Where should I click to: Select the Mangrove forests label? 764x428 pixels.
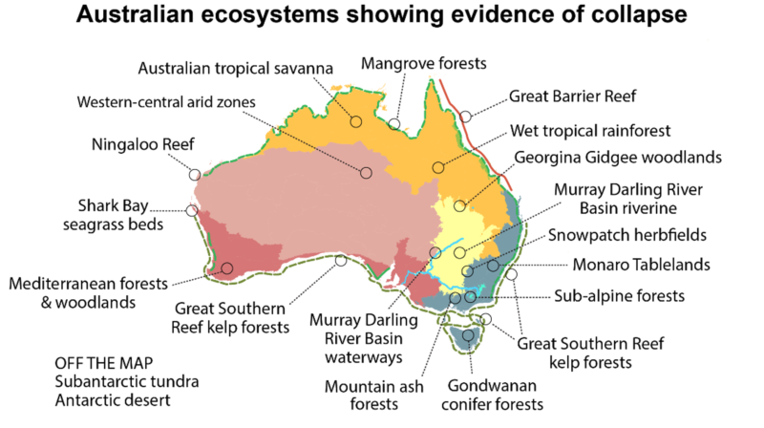coord(424,64)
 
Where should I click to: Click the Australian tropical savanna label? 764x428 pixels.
coord(235,69)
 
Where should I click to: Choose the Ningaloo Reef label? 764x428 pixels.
coord(143,145)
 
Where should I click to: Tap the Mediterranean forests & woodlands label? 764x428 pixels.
coord(87,292)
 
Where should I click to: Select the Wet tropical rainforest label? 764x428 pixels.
coord(590,130)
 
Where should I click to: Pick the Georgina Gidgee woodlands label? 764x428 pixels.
coord(618,157)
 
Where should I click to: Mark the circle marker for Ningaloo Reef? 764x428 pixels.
coord(195,175)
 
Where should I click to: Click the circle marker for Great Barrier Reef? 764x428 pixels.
coord(465,116)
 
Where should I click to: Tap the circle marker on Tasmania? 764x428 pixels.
coord(468,335)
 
